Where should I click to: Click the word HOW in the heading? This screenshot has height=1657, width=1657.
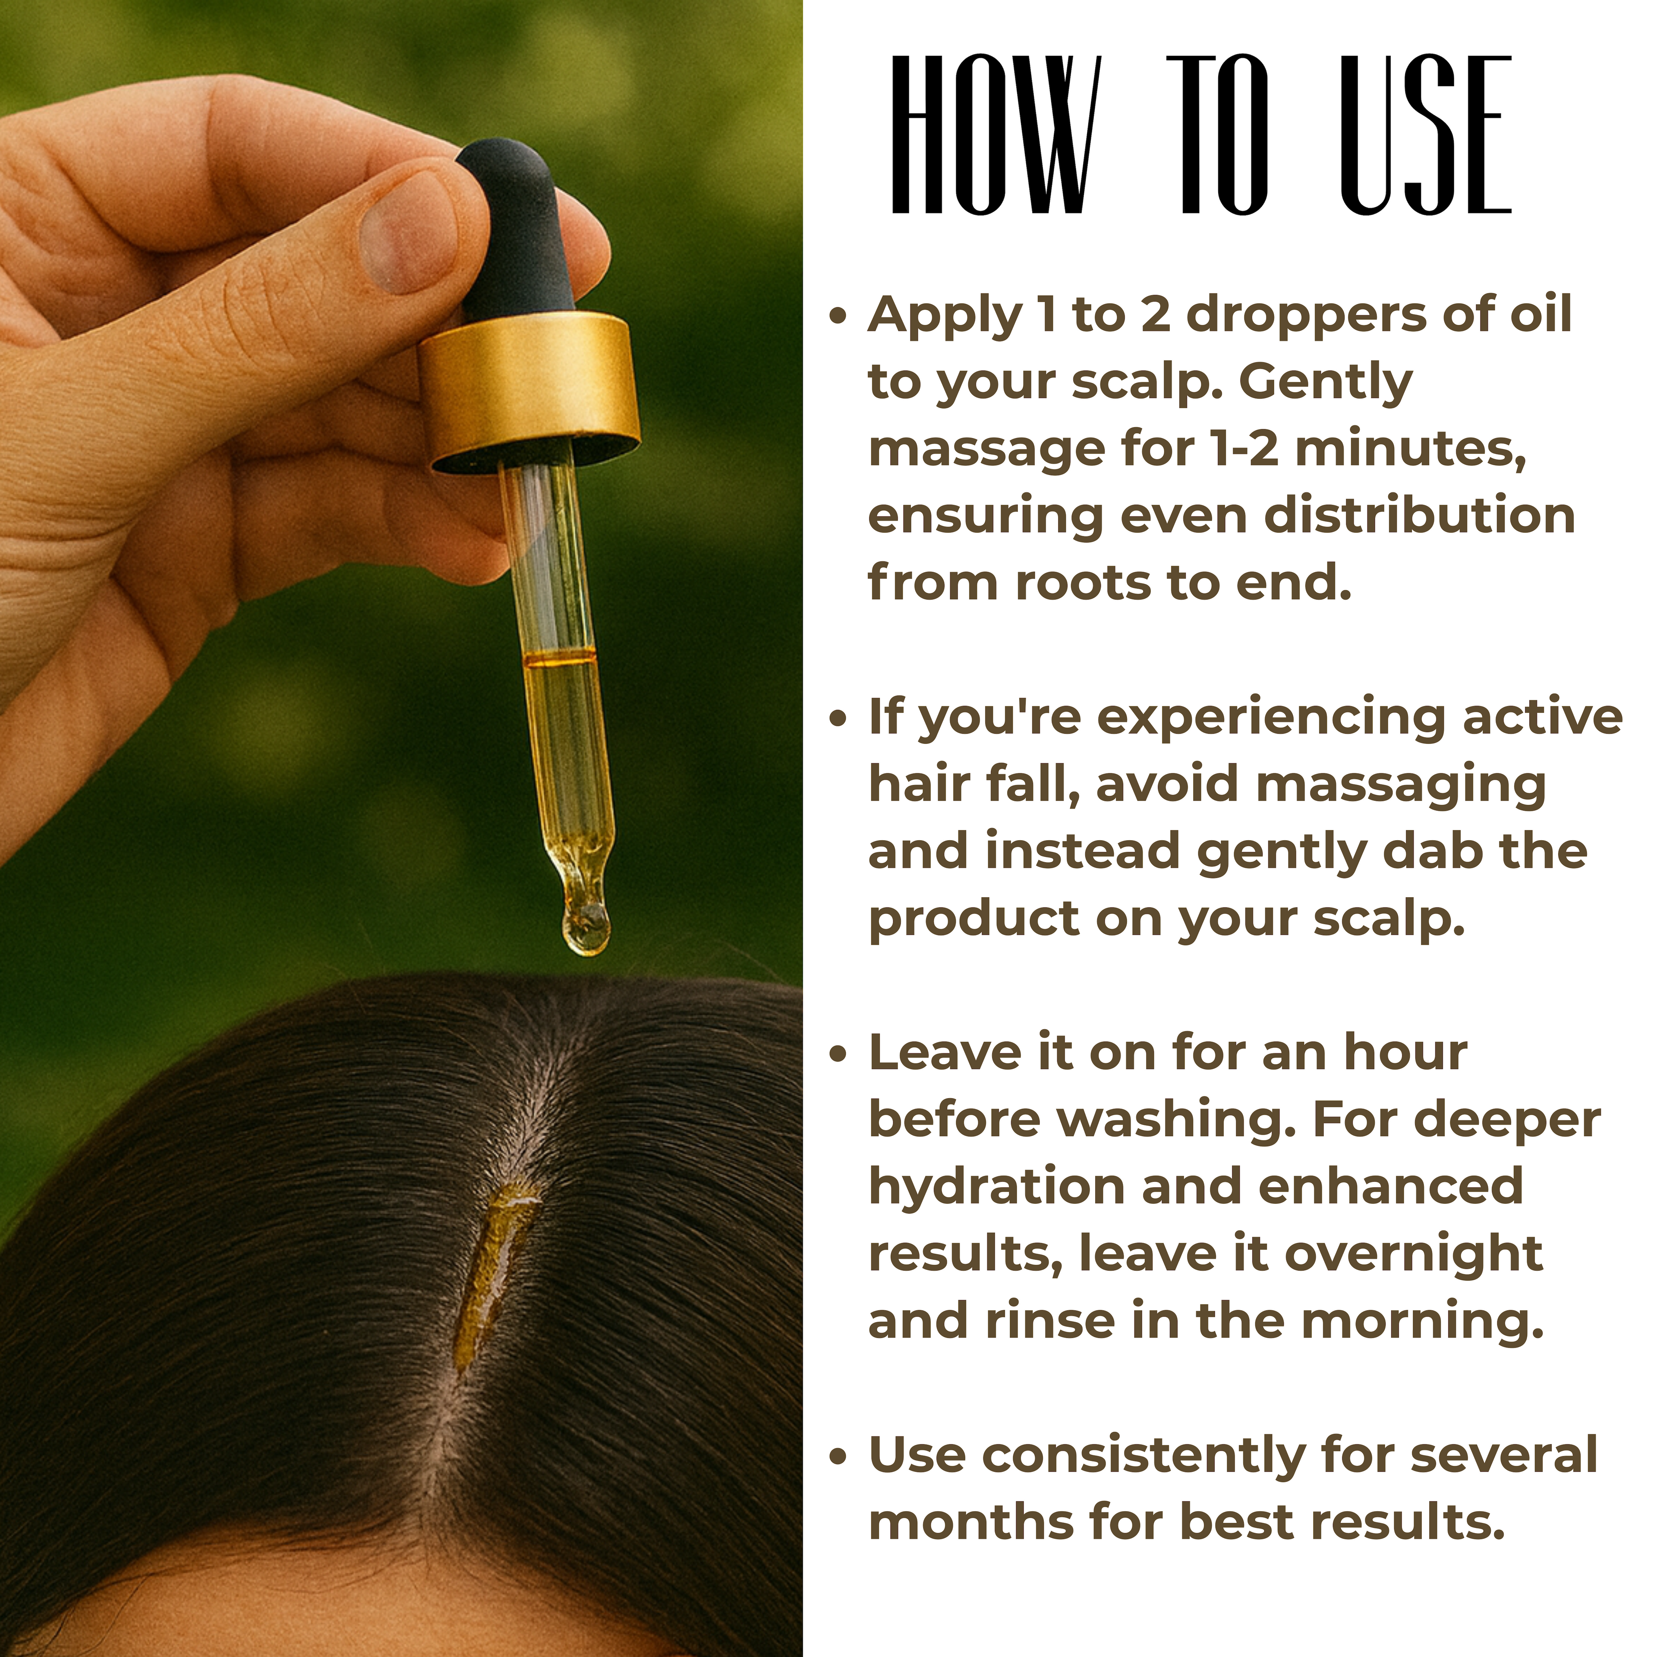(x=993, y=135)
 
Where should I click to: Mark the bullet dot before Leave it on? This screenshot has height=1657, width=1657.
(x=838, y=1055)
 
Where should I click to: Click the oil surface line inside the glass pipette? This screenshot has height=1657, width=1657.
(x=559, y=658)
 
